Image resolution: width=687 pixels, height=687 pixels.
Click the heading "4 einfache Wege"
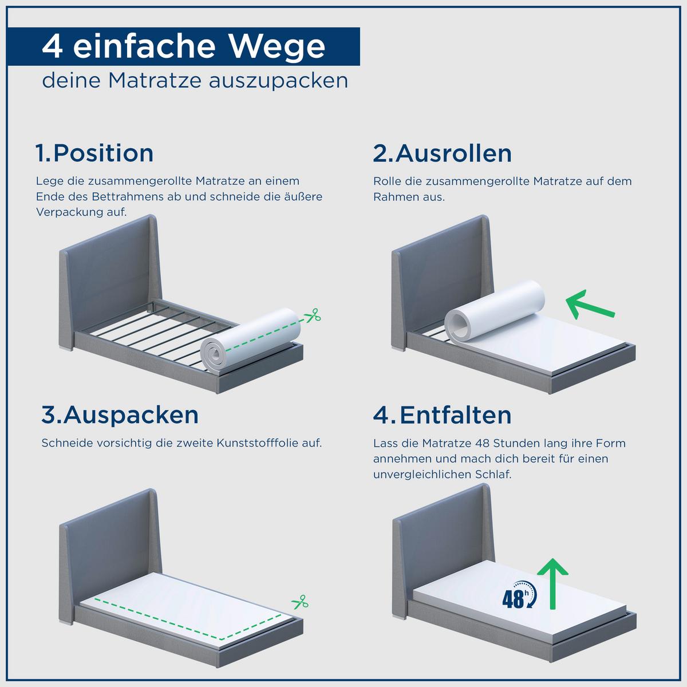[x=184, y=46]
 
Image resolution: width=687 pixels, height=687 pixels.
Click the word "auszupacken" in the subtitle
[x=278, y=81]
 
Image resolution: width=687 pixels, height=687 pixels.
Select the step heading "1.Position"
[x=94, y=153]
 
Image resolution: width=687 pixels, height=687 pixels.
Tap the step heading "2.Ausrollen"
[x=442, y=153]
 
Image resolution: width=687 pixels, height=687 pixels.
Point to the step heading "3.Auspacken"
[x=120, y=415]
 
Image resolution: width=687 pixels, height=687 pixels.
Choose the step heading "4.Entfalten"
[x=442, y=415]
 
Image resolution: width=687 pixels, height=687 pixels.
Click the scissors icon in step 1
[x=313, y=315]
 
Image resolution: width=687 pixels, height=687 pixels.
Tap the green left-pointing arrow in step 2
[x=590, y=305]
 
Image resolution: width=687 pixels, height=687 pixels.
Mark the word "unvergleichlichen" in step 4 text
[x=422, y=475]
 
